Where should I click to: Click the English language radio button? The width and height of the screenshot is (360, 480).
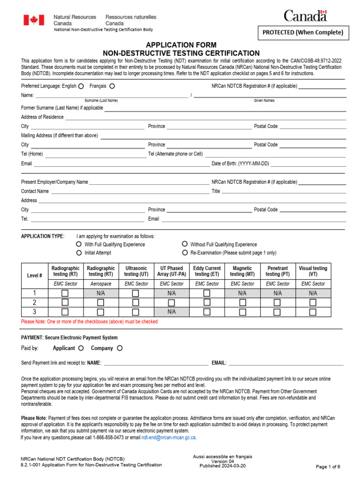pos(81,86)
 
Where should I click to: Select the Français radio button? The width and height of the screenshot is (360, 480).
pos(112,86)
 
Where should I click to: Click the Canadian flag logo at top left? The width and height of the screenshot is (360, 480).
pos(34,20)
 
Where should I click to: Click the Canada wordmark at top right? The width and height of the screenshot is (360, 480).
pos(305,16)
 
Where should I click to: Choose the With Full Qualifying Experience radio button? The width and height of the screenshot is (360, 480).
pos(79,244)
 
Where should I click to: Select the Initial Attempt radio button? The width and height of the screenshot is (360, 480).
pos(79,253)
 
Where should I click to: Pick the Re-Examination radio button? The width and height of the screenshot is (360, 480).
pos(185,253)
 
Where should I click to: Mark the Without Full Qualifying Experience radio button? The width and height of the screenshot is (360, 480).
pos(185,244)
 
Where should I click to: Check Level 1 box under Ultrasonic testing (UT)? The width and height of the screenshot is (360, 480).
pos(135,293)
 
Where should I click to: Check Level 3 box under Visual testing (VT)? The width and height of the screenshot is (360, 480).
pos(313,312)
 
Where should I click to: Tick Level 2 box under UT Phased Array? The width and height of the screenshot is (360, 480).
pos(171,302)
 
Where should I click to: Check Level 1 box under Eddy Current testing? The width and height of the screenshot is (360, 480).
pos(207,293)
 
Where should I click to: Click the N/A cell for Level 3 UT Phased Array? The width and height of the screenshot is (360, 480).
pos(171,312)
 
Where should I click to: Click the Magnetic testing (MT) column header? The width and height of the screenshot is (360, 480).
pos(242,271)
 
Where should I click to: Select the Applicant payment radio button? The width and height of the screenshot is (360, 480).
pos(81,348)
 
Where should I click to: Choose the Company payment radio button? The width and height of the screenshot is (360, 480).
pos(120,348)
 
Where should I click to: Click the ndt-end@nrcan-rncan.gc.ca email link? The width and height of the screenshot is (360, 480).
pos(169,437)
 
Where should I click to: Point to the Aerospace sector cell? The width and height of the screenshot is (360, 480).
pos(100,284)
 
